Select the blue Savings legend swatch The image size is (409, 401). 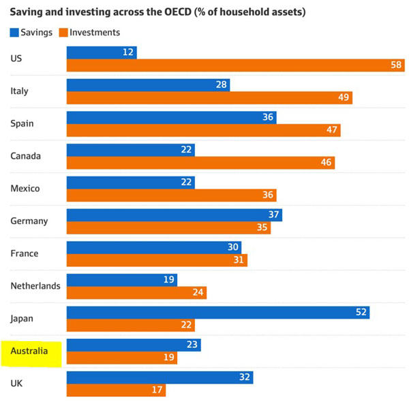(15, 32)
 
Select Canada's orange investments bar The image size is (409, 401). (200, 163)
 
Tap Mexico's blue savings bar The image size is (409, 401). (130, 182)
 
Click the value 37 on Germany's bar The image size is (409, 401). (273, 215)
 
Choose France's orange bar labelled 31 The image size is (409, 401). (157, 260)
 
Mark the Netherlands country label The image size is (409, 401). (35, 286)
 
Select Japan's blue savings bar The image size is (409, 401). (218, 312)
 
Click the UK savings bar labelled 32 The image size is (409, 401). (160, 377)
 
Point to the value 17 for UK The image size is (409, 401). (156, 390)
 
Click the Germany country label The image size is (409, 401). (29, 221)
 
